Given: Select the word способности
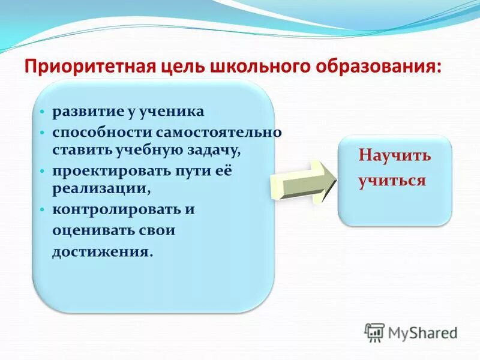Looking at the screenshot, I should pyautogui.click(x=103, y=132).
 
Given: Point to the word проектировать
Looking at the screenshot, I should pyautogui.click(x=106, y=171).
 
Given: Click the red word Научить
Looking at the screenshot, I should pyautogui.click(x=395, y=156).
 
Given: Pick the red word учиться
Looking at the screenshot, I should pyautogui.click(x=392, y=181).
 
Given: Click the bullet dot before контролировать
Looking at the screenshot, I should pyautogui.click(x=42, y=211).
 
